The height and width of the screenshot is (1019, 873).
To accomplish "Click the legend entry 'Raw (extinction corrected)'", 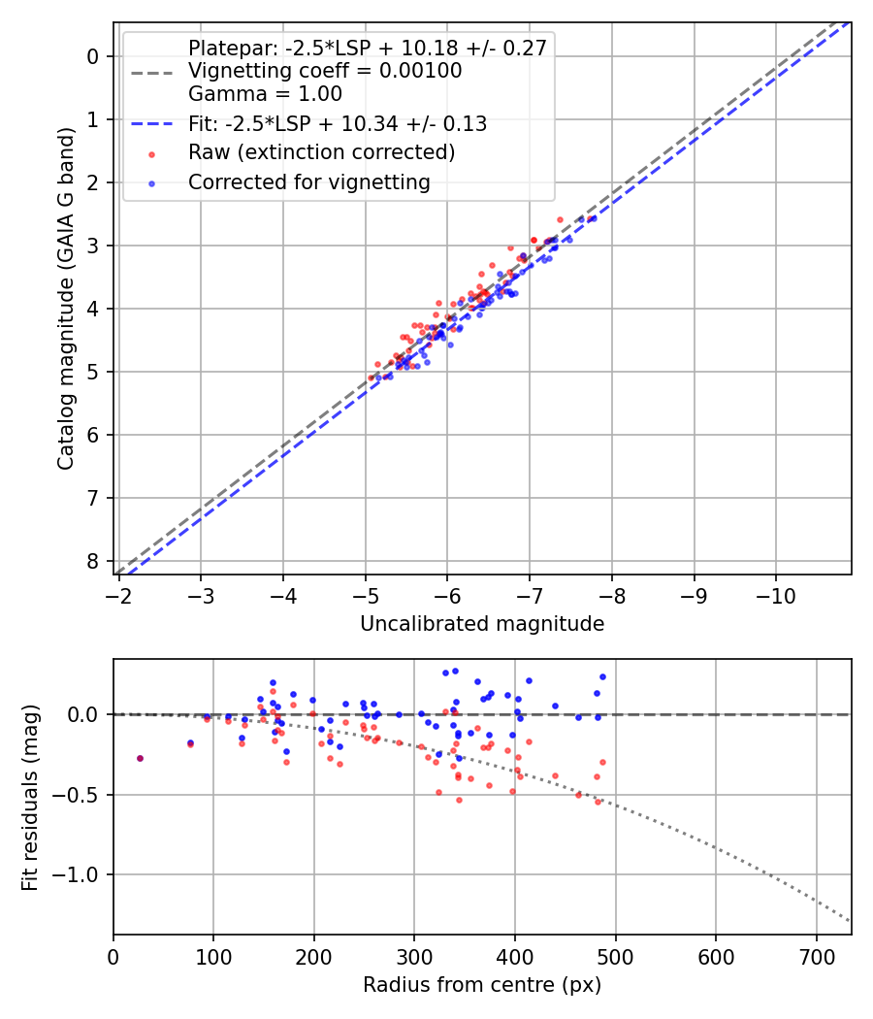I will [x=321, y=152].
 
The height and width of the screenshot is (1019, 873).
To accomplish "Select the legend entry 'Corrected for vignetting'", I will [x=308, y=181].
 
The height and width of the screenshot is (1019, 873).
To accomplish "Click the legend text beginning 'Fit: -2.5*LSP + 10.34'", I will [x=338, y=123].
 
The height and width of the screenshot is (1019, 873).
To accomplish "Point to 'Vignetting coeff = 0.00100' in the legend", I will [x=325, y=71].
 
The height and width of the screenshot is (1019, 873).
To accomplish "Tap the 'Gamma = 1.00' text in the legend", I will [x=265, y=94].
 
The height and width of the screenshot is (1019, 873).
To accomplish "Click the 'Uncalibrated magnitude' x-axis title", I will [x=482, y=624].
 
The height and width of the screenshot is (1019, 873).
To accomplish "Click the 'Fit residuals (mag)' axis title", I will [x=30, y=798].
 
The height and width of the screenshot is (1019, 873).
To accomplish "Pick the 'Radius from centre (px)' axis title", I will [x=482, y=985].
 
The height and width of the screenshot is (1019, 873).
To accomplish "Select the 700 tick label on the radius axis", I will [x=816, y=955].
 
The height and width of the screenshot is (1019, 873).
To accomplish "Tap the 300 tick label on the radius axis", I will [x=414, y=955].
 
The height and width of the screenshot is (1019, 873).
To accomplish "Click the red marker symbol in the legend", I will [x=150, y=153].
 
